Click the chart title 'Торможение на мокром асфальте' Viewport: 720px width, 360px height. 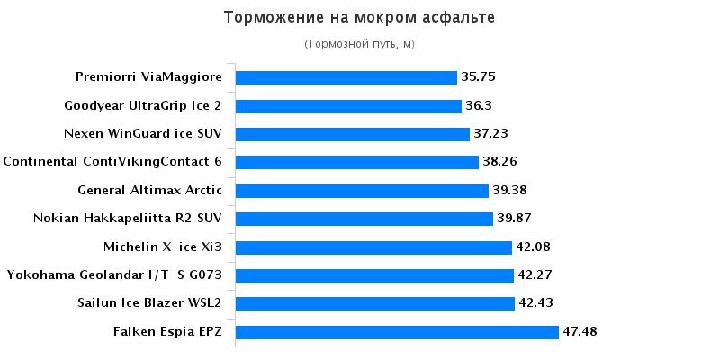[x=359, y=17]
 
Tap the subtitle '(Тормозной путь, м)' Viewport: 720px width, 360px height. [x=359, y=44]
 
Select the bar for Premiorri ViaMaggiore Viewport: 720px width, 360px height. [x=346, y=77]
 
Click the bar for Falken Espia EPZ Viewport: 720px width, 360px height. [x=397, y=332]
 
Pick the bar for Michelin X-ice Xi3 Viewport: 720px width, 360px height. [x=373, y=247]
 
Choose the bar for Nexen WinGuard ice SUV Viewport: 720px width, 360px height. [x=353, y=134]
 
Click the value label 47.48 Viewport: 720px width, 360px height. [x=580, y=332]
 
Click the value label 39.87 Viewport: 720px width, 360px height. [x=514, y=219]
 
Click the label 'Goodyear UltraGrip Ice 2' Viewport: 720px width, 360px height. [x=143, y=106]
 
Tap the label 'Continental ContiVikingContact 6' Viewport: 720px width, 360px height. [x=112, y=162]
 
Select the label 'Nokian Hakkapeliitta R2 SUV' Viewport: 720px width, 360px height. [x=127, y=219]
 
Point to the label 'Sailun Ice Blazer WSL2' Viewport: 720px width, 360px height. [x=150, y=303]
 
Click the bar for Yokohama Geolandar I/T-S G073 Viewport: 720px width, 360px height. [x=374, y=275]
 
